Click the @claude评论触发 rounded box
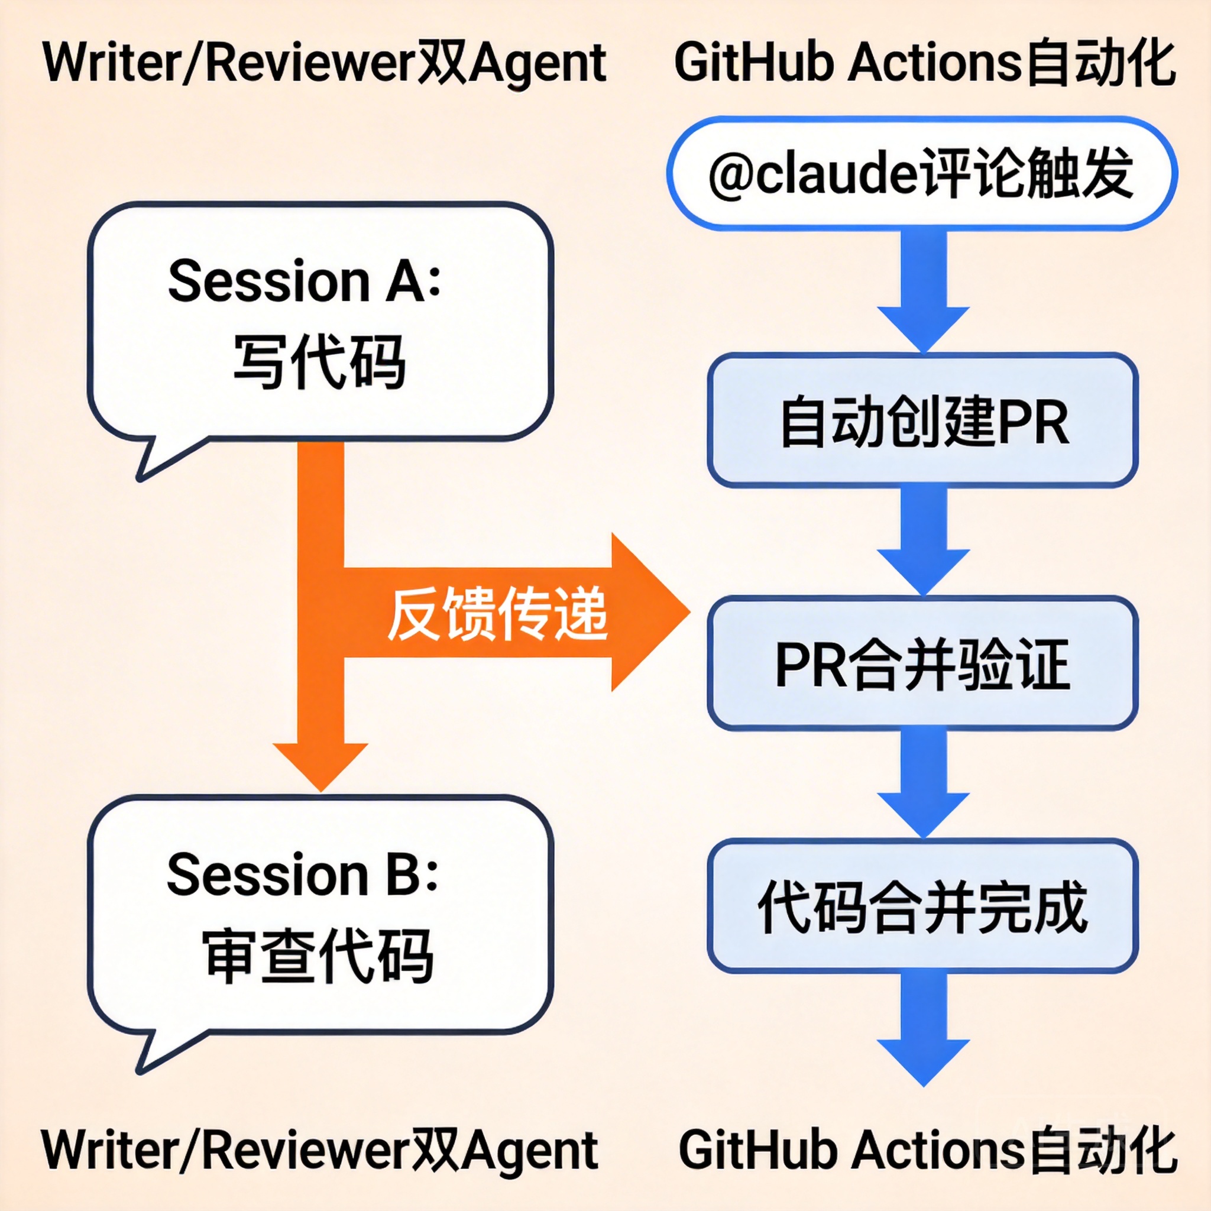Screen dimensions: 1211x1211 coord(921,173)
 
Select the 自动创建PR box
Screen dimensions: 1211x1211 coord(922,420)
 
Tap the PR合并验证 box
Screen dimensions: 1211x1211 coord(922,663)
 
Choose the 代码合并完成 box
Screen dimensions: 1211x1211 coord(922,906)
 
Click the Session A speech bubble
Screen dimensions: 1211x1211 coord(320,320)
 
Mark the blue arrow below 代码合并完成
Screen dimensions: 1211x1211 coord(923,1028)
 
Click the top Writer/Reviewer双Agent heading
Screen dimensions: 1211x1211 coord(325,63)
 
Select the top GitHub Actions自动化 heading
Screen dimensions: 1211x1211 coord(925,63)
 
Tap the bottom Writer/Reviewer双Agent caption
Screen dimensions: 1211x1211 coord(320,1150)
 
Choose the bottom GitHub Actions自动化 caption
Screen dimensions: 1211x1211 coord(928,1150)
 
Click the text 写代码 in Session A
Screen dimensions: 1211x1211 coord(320,362)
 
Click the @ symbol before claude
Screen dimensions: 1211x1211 coord(731,176)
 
